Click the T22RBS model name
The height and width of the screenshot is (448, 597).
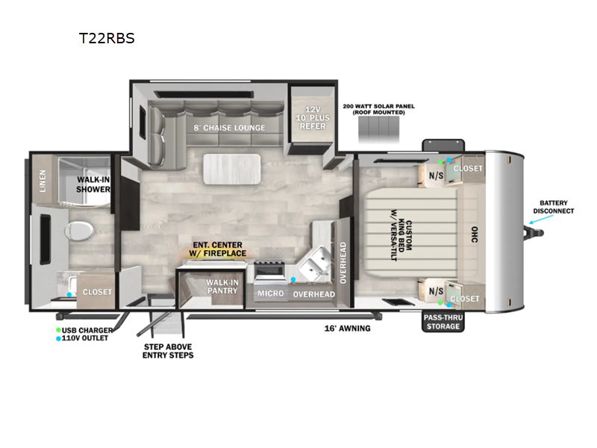pos(107,38)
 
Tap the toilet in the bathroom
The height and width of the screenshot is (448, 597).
pos(79,231)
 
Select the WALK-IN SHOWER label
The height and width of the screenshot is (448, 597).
pos(93,184)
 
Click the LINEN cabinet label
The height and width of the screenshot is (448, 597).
pos(43,181)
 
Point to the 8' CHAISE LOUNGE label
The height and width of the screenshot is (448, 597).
pos(229,128)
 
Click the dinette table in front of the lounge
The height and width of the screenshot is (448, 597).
pos(232,169)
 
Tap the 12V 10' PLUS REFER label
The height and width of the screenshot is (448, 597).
pos(313,118)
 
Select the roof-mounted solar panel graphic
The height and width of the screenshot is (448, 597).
pos(379,129)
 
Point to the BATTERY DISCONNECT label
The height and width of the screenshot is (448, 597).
pos(553,207)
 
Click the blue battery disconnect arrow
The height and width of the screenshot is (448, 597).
pos(541,220)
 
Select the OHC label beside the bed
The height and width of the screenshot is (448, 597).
pos(475,234)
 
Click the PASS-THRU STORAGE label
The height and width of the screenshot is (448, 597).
pos(443,322)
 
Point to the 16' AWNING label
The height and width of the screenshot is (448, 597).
pos(347,329)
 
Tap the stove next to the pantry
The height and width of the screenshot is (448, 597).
pos(269,270)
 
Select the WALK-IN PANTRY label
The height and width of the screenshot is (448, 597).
pos(222,287)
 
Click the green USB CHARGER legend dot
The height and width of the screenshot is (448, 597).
pos(58,330)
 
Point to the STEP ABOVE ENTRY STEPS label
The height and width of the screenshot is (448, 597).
pos(168,351)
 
